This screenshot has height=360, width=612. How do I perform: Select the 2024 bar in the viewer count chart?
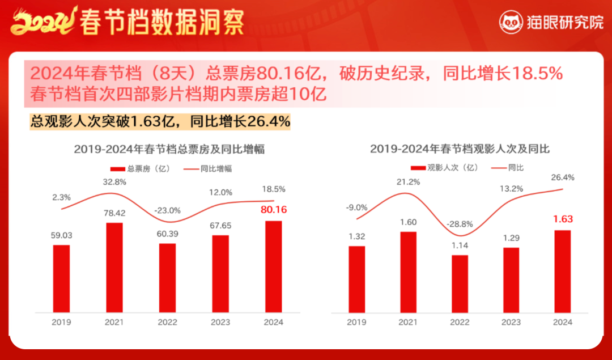(x=562, y=270)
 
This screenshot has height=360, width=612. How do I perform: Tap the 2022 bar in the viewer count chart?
(x=460, y=283)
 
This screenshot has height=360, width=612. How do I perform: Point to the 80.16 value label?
(x=274, y=210)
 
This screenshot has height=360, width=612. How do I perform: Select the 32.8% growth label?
(x=114, y=182)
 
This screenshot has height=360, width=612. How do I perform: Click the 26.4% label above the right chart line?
(x=562, y=177)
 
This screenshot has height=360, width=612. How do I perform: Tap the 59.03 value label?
(x=61, y=234)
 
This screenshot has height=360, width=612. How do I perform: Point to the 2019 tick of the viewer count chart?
(x=356, y=322)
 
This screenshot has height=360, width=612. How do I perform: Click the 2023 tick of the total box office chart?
(x=220, y=322)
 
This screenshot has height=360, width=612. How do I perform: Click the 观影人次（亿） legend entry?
(x=444, y=167)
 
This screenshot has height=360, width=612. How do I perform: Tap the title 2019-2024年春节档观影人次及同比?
(x=460, y=149)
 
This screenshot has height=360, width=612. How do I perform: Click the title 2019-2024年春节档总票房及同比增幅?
(x=169, y=149)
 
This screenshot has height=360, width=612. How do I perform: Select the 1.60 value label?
(x=408, y=222)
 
